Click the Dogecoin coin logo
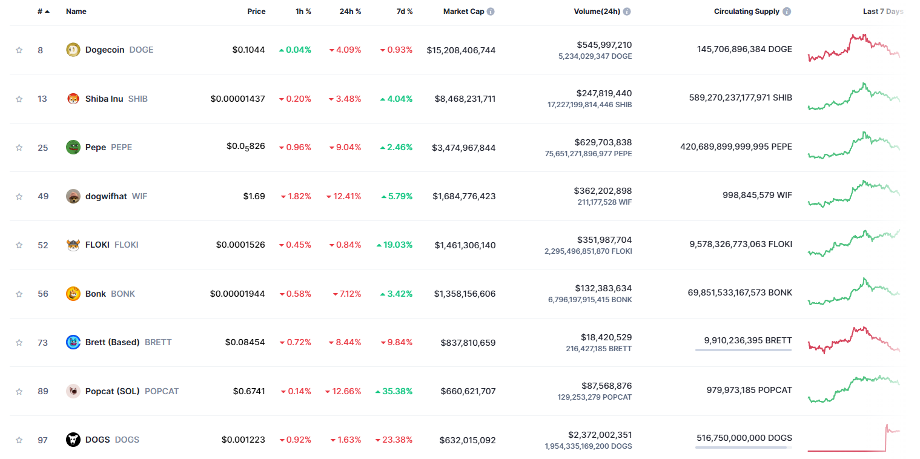click(73, 50)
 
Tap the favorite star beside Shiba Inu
click(19, 99)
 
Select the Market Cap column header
click(463, 12)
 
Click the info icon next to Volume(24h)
click(627, 12)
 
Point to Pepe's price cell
click(246, 147)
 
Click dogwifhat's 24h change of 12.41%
click(343, 196)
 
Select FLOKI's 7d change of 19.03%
click(394, 245)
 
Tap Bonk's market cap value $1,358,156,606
click(465, 294)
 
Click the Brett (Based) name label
click(113, 342)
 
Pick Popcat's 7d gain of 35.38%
click(394, 391)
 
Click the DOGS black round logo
click(73, 440)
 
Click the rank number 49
click(42, 196)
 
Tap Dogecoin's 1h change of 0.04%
click(295, 50)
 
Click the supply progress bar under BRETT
click(743, 350)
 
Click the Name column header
click(76, 12)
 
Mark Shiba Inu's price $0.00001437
click(237, 99)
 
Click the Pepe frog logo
click(73, 147)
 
